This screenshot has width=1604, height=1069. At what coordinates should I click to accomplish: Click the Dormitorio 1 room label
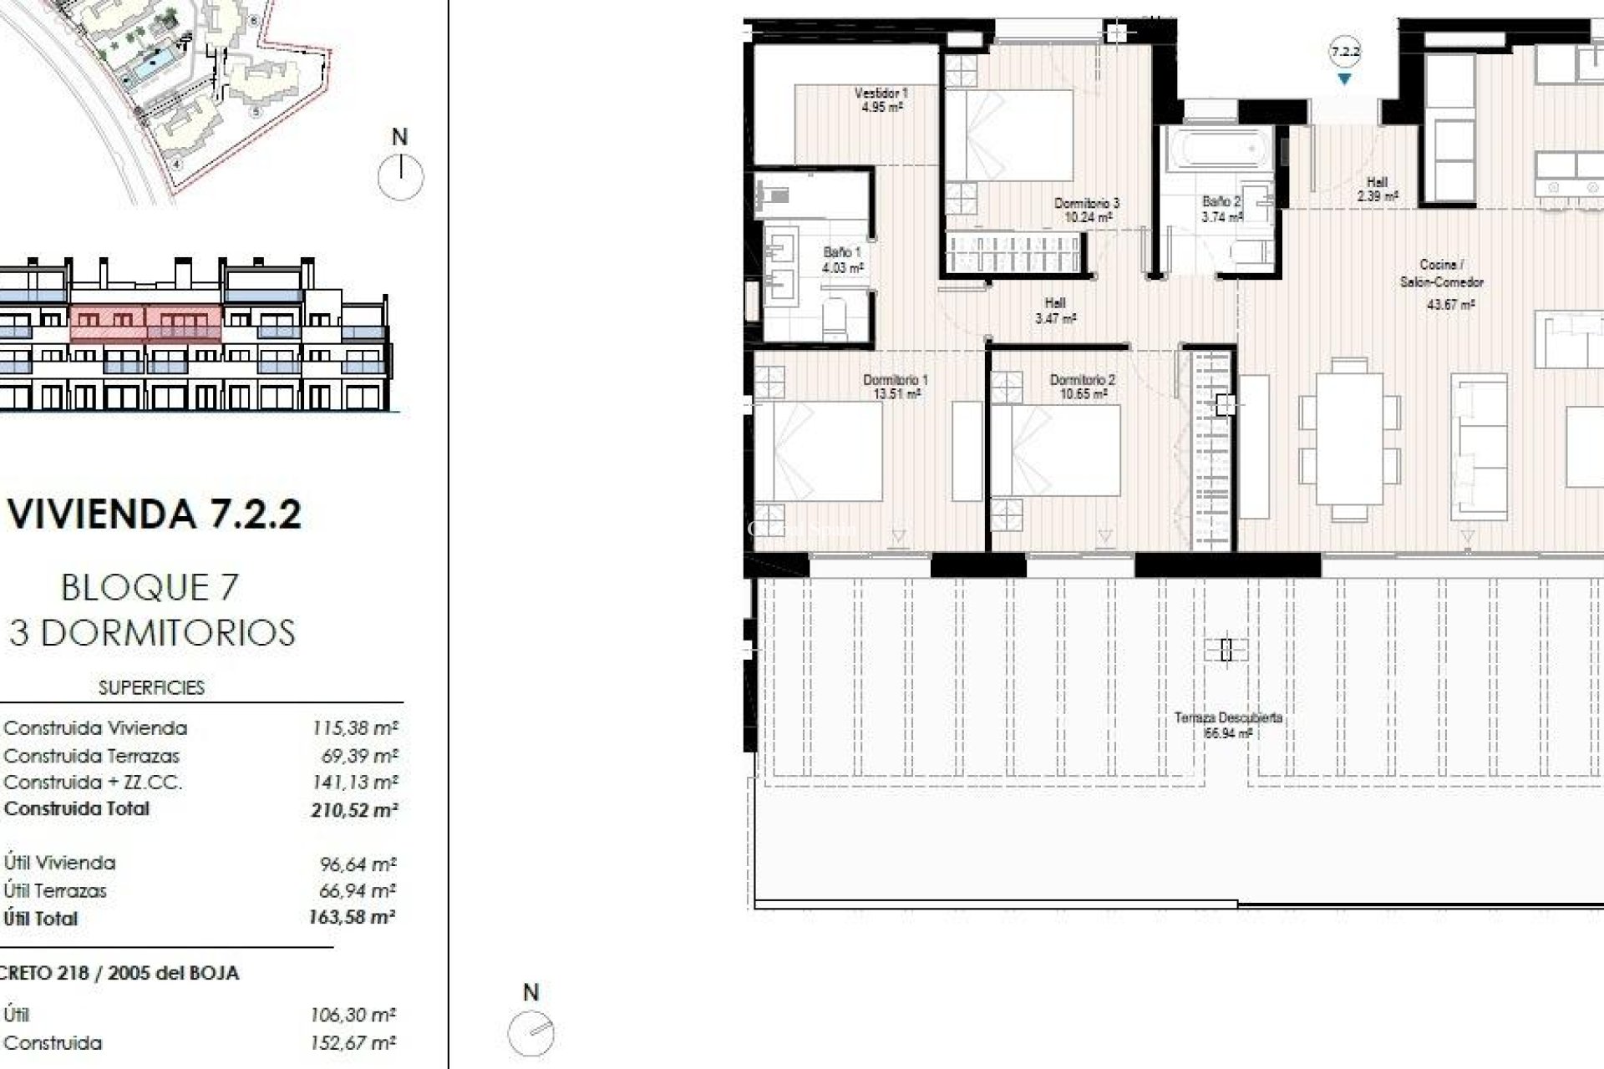tap(896, 386)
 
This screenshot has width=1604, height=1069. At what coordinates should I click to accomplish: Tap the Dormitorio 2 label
tap(1082, 386)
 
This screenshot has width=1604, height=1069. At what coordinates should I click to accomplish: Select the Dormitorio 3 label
tap(1086, 210)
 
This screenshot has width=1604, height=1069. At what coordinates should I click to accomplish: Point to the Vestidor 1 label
tap(881, 99)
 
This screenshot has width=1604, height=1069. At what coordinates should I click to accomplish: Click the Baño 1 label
tap(841, 259)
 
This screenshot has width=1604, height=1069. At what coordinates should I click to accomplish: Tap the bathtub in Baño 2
tap(1216, 151)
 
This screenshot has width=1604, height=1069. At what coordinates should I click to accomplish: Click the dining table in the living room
tap(1349, 439)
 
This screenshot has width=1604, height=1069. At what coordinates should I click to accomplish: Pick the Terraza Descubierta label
tap(1227, 725)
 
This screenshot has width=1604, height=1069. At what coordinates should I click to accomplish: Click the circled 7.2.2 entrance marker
tap(1345, 52)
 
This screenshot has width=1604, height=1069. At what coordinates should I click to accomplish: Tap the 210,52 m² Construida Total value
tap(354, 809)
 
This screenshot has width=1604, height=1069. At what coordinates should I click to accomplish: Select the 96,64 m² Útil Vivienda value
tap(358, 864)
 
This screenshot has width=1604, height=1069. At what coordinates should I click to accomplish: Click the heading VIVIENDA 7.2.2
tap(155, 513)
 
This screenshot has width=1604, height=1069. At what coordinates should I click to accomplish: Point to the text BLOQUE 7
tap(150, 588)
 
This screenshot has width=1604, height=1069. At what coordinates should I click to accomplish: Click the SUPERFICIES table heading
tap(151, 687)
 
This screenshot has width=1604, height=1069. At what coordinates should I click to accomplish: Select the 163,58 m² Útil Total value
tap(352, 917)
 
